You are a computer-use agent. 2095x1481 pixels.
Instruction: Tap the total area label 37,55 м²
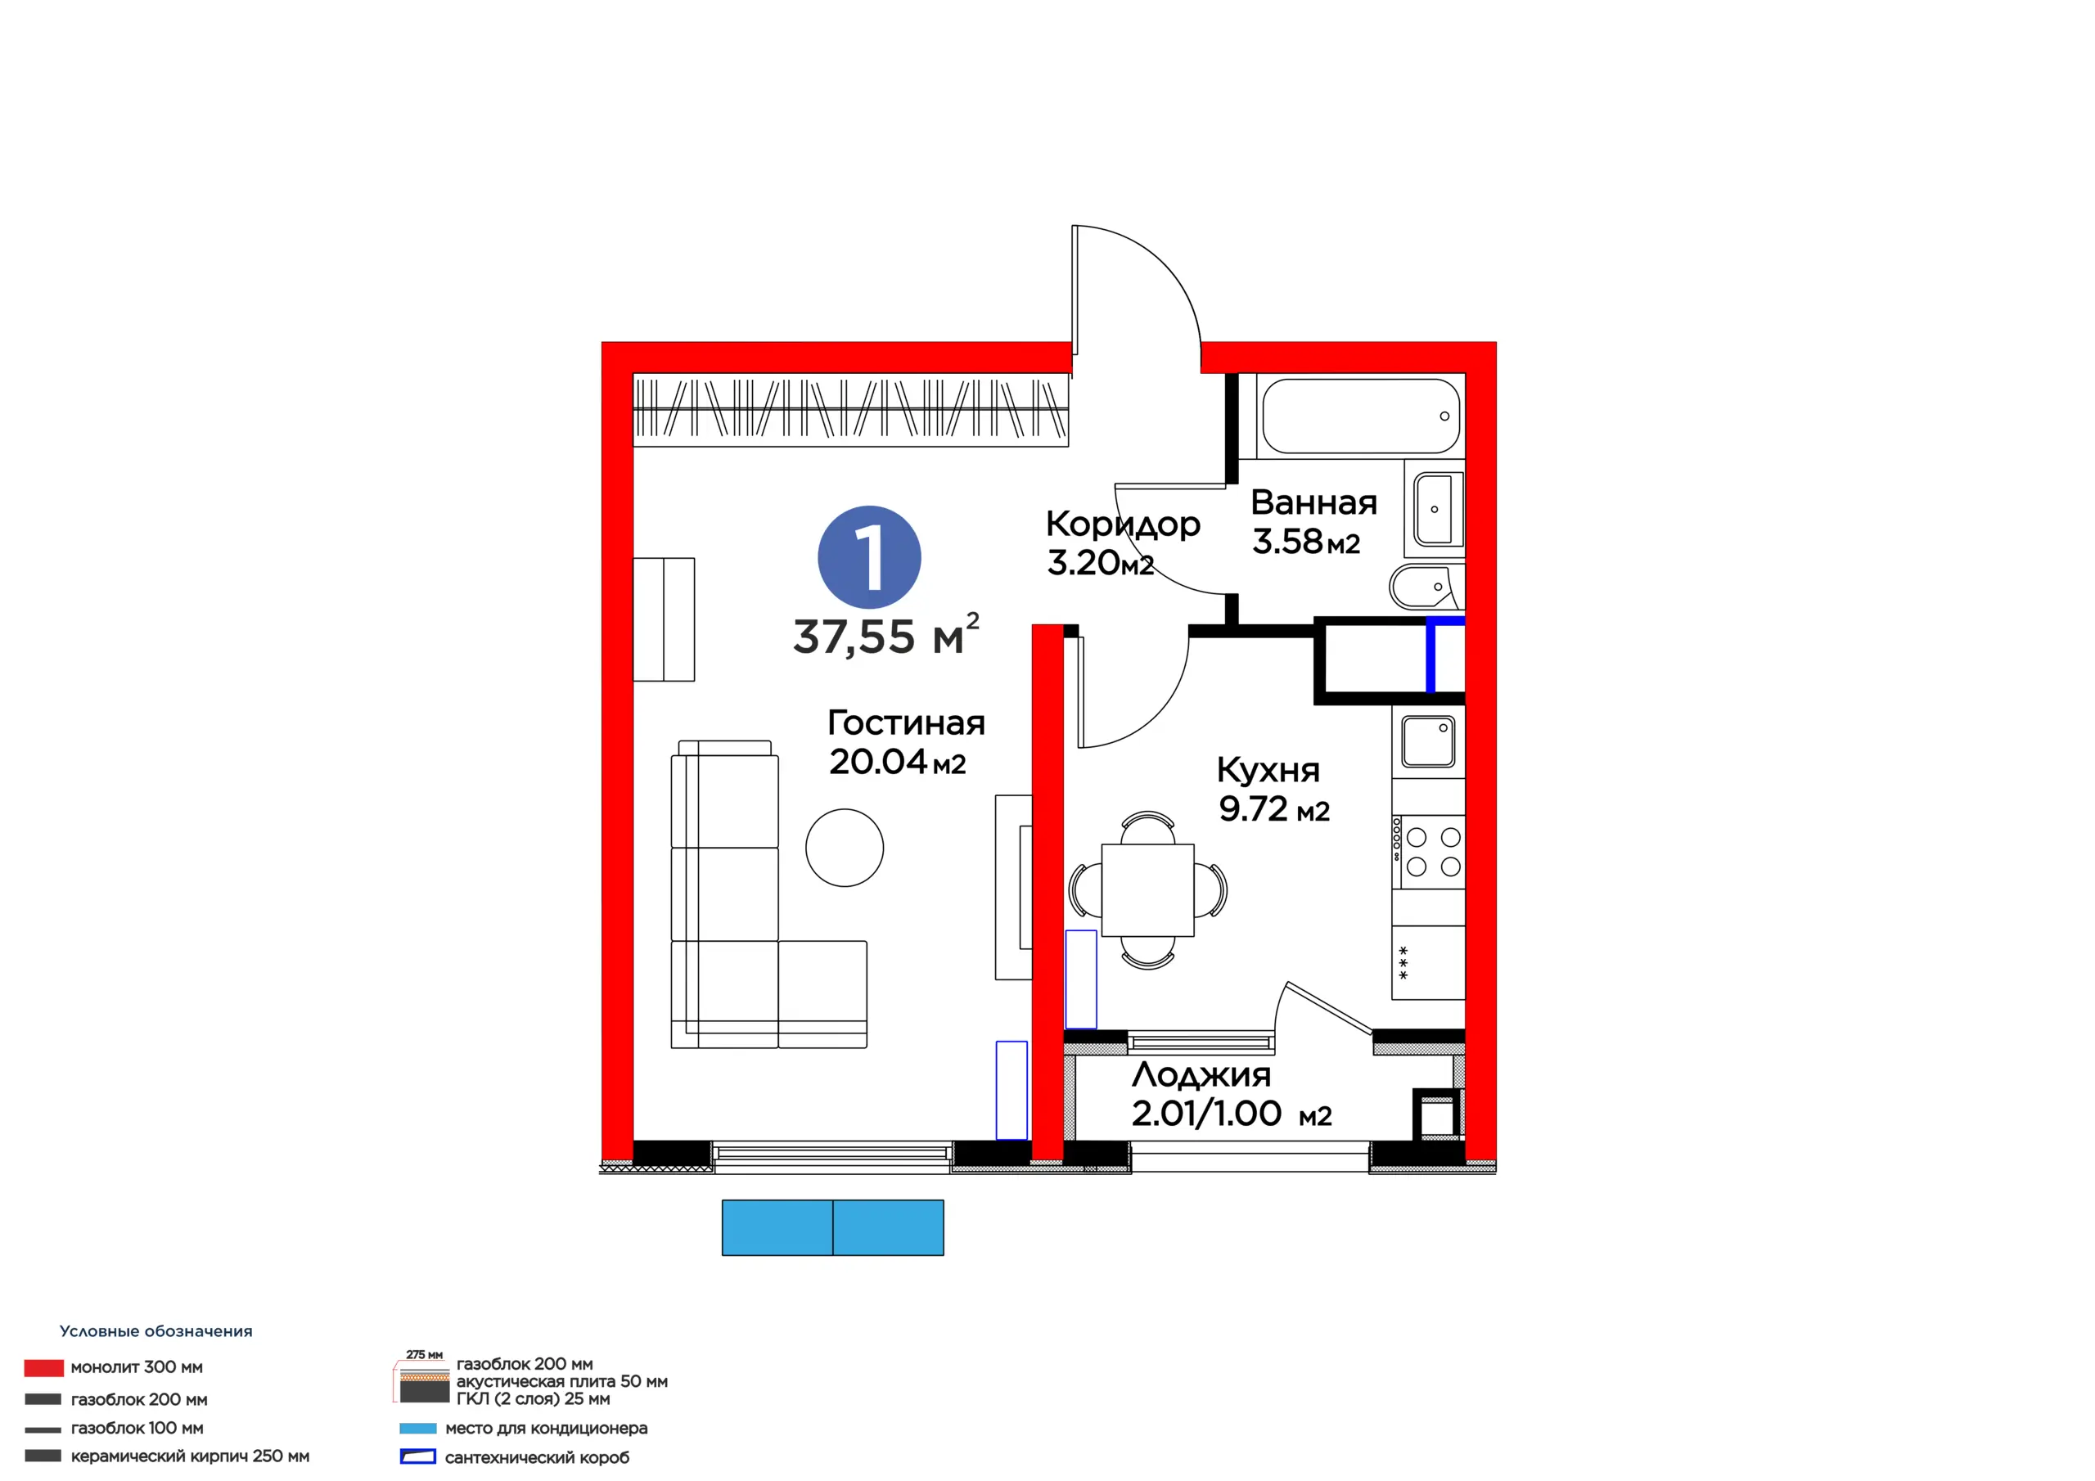tap(886, 634)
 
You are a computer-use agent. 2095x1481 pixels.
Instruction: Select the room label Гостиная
tap(906, 722)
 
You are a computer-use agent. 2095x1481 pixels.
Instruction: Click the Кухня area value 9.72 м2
tap(1274, 809)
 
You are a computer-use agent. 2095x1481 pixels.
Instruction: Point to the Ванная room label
tap(1314, 502)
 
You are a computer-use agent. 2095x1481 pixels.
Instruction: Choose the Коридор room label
tap(1124, 524)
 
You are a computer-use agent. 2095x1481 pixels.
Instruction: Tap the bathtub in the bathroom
tap(1360, 416)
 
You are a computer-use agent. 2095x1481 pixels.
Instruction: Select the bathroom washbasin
tap(1438, 508)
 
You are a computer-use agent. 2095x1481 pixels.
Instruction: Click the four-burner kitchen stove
tap(1428, 851)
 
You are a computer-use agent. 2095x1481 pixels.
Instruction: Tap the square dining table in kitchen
tap(1148, 889)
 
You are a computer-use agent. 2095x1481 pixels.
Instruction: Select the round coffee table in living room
tap(844, 848)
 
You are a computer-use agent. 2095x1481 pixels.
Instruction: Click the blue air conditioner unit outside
tap(832, 1227)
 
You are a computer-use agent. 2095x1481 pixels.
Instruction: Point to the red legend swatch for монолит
tap(44, 1367)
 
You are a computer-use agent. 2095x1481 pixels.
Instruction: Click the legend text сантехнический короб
tap(537, 1457)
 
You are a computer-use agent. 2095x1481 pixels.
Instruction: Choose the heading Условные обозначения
tap(156, 1331)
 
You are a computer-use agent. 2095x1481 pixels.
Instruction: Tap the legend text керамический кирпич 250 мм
tap(190, 1456)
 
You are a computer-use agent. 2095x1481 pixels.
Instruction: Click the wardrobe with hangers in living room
tap(850, 410)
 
